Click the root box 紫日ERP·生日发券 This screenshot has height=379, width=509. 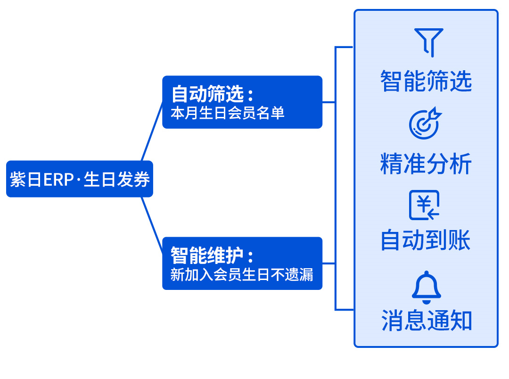click(79, 179)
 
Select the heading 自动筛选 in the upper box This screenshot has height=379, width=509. click(208, 94)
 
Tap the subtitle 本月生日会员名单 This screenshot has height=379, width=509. click(227, 114)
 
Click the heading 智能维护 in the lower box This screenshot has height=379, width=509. click(208, 255)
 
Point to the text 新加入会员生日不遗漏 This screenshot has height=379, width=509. click(241, 275)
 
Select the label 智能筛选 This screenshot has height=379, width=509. click(426, 81)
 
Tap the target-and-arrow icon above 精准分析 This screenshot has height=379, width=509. click(425, 124)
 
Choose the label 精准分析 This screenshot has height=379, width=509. click(426, 165)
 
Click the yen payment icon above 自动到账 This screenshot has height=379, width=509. click(424, 205)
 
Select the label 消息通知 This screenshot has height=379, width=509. click(427, 321)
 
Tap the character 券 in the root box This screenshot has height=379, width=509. click(141, 180)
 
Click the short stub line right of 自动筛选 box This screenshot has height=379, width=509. click(328, 102)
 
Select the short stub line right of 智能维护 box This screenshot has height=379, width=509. click(328, 263)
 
